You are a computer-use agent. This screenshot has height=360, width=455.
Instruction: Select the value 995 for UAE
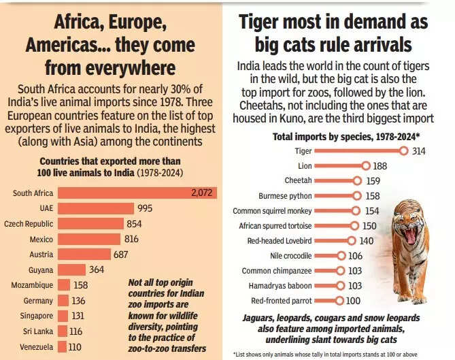click(145, 208)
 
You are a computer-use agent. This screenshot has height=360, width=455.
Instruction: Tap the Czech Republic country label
click(29, 223)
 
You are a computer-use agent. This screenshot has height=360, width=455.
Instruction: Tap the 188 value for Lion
click(380, 165)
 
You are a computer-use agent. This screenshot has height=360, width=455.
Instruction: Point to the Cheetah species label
click(298, 180)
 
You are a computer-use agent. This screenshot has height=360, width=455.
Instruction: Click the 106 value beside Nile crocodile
click(355, 256)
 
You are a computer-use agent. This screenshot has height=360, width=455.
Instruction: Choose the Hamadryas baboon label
click(279, 286)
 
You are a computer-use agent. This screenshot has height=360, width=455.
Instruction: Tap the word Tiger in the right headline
click(265, 22)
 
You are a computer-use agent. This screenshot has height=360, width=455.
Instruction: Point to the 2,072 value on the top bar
click(203, 193)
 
